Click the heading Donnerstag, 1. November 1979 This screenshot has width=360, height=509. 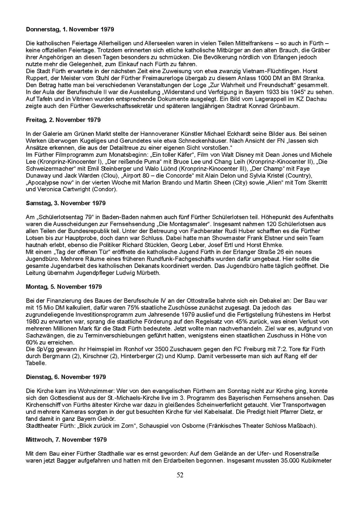(x=70, y=30)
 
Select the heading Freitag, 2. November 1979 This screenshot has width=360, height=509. (x=63, y=120)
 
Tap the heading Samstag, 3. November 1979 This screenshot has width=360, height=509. (x=66, y=203)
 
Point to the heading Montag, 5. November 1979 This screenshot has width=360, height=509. (x=64, y=287)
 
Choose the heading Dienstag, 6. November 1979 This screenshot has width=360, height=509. (x=66, y=377)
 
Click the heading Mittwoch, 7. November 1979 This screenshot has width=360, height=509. (x=66, y=440)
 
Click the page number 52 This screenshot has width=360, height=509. (x=180, y=475)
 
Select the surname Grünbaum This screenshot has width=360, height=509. (x=286, y=106)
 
